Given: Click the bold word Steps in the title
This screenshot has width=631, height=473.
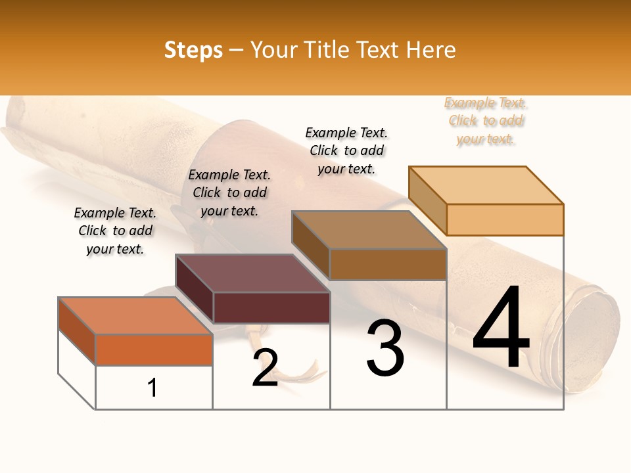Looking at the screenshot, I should coord(193,50).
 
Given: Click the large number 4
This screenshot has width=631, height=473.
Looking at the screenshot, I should coord(501,328).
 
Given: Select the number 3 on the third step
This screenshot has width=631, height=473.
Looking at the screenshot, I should coord(385,348).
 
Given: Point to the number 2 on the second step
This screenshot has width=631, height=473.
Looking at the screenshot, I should coord(265,368).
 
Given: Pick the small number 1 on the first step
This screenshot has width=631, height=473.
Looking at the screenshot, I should coord(152,388).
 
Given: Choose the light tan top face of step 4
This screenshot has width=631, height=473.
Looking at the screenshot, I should coord(486,185).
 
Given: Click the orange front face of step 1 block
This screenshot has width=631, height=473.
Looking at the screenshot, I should coord(154,349).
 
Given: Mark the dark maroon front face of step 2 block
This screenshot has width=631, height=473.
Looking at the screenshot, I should coord(271,307).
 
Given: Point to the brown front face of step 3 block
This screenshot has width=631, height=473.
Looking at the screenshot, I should coord(388,265).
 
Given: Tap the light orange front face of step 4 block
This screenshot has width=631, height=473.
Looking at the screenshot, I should coord(505,219).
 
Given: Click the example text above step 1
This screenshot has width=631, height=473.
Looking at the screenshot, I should coord(115,231).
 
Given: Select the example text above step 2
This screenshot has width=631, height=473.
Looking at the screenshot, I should coord(229,192).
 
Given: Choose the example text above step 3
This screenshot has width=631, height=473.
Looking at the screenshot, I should coord(346,150).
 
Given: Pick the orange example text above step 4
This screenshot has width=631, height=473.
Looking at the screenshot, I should coord(486,120).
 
